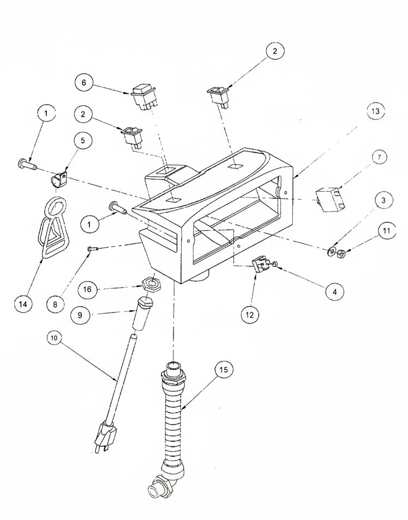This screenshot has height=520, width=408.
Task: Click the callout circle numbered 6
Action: pos(83,82)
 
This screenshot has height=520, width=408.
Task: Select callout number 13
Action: pos(375,111)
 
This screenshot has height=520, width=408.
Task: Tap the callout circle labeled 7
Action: pos(380,157)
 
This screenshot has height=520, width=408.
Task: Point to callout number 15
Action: pos(224,369)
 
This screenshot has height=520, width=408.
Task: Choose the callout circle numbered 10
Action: pos(55,338)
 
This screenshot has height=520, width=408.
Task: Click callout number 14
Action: pos(23,304)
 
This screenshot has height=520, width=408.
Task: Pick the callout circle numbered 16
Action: pos(87,290)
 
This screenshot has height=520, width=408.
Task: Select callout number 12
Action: pos(250,314)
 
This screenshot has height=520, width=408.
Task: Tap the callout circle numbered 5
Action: pos(82,140)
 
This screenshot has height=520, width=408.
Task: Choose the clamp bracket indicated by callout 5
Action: pos(59,180)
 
